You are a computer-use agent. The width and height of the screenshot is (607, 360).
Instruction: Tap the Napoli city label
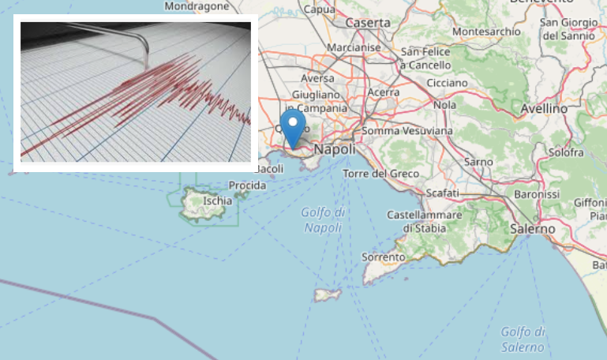click(335, 149)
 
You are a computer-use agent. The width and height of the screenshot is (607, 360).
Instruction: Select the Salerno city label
click(532, 228)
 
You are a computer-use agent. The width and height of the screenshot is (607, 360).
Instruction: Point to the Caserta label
click(368, 23)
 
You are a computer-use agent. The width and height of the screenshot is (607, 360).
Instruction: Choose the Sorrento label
click(383, 257)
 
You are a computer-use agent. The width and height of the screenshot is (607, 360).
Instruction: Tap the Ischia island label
click(217, 201)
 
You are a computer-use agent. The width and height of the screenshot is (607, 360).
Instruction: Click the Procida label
click(247, 185)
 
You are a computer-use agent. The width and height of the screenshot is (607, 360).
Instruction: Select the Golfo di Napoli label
click(323, 219)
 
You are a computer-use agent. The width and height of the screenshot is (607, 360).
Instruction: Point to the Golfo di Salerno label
click(523, 339)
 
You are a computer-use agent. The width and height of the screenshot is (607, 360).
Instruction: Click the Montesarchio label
click(488, 32)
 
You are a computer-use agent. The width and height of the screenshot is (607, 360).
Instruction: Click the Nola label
click(445, 105)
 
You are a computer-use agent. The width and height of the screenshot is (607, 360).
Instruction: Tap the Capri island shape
click(328, 294)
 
